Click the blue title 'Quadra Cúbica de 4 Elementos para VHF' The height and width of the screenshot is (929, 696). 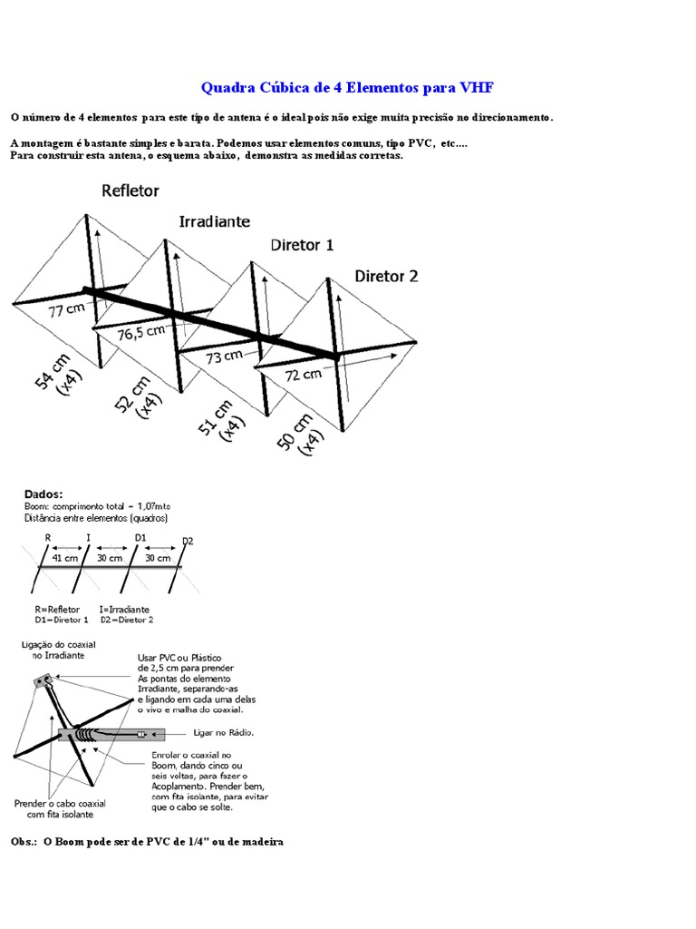[x=347, y=88]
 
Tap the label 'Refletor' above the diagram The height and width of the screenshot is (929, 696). [x=130, y=191]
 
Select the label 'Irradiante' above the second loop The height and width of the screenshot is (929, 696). [x=215, y=220]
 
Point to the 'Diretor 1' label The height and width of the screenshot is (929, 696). [x=302, y=245]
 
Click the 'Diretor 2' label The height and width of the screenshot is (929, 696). [x=386, y=276]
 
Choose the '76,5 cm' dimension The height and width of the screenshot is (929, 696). [x=141, y=333]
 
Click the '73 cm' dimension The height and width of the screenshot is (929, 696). [x=224, y=357]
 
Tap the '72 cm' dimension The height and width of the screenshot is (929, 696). [x=302, y=374]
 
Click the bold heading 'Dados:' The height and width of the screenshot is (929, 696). [x=43, y=494]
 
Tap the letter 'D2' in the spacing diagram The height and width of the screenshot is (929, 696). [x=188, y=541]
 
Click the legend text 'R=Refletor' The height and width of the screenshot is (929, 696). [x=57, y=609]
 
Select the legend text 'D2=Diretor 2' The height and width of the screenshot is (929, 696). [x=126, y=620]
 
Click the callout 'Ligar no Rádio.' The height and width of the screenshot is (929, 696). [x=224, y=731]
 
